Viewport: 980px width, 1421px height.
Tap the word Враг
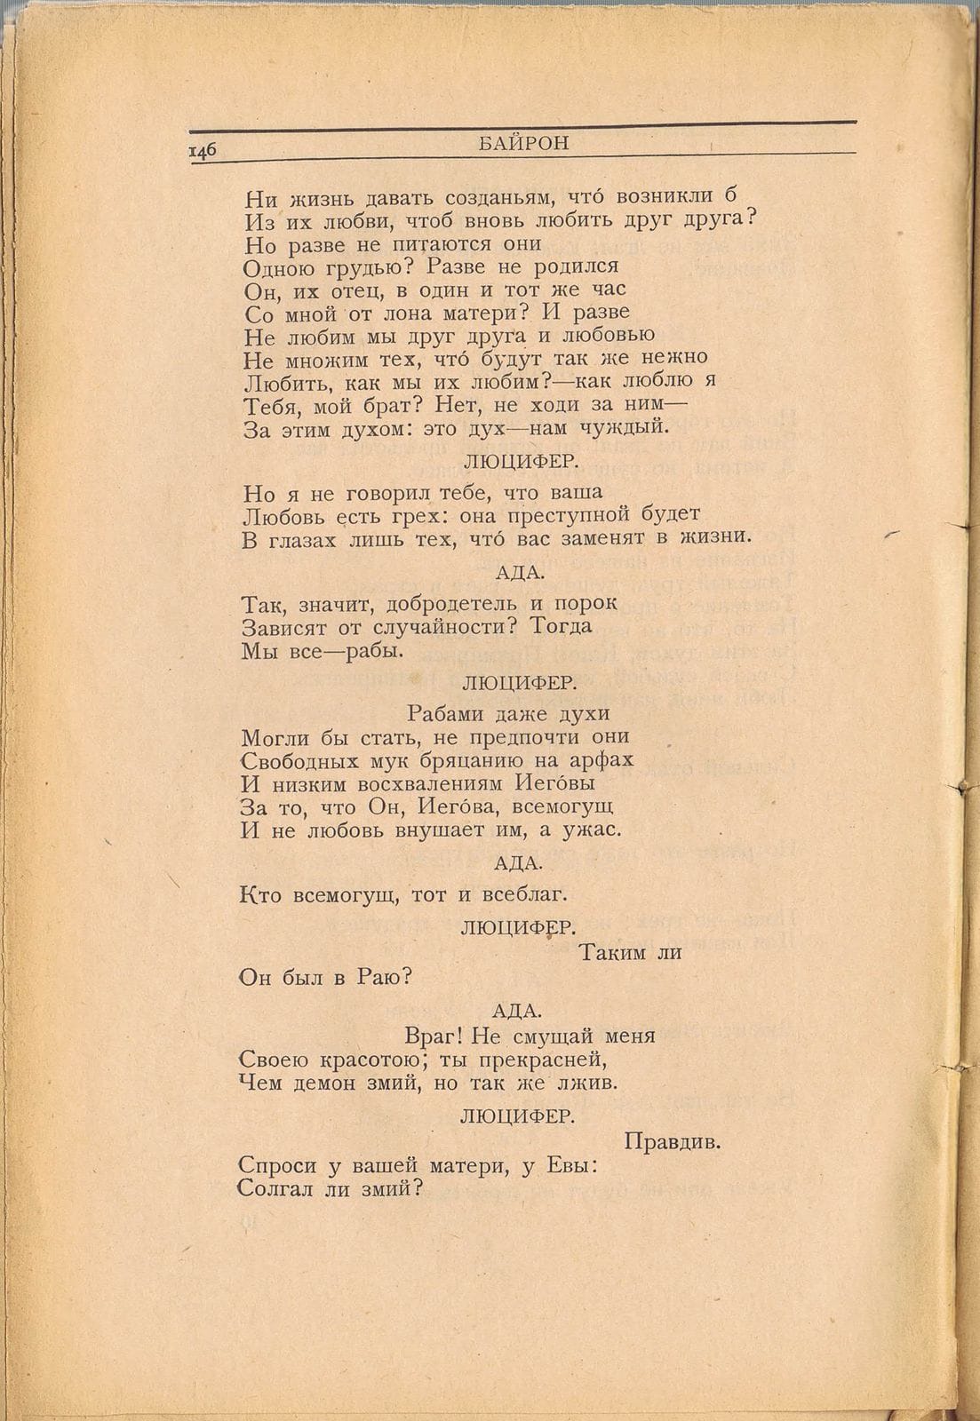click(x=435, y=1036)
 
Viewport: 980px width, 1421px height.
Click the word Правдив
click(x=673, y=1142)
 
